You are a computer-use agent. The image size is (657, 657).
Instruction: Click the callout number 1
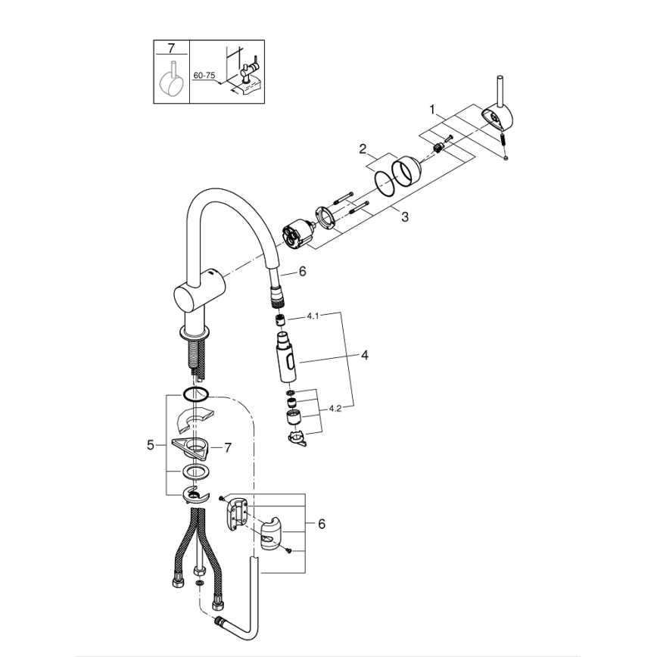(x=433, y=109)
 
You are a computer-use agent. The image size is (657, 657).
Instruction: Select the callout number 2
(x=363, y=148)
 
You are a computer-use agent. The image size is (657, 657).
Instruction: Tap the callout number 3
(x=405, y=217)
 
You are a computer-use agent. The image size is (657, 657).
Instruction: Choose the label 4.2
(x=335, y=409)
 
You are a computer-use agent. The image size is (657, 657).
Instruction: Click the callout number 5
(x=150, y=446)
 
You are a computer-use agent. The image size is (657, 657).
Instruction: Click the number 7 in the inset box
(x=171, y=48)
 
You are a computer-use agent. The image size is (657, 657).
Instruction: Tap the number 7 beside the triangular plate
(x=227, y=447)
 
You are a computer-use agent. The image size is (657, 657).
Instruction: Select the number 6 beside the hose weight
(x=322, y=524)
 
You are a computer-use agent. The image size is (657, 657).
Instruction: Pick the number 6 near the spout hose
(x=302, y=271)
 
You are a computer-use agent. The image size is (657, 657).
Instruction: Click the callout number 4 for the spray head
(x=363, y=354)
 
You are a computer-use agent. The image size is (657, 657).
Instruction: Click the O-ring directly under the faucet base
(x=195, y=394)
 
